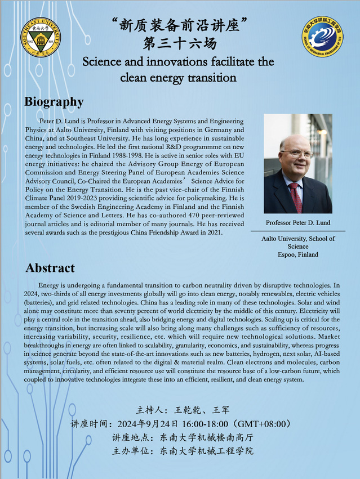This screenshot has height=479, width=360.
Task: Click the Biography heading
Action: click(54, 102)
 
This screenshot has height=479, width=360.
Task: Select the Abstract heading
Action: click(50, 268)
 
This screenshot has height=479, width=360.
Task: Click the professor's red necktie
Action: click(295, 196)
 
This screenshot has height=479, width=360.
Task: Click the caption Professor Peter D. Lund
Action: click(298, 222)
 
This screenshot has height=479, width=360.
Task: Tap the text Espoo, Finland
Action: click(298, 254)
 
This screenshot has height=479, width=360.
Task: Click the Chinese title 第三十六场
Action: click(180, 43)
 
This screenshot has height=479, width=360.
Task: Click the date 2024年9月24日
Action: click(140, 424)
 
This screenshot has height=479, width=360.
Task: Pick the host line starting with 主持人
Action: click(180, 409)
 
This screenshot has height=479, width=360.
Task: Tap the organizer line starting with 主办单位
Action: click(180, 451)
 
